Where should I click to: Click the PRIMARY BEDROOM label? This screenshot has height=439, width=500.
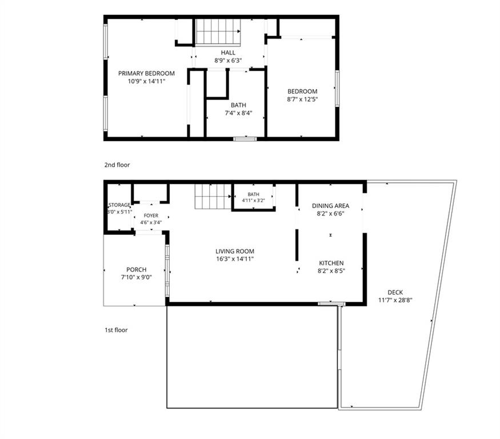146,73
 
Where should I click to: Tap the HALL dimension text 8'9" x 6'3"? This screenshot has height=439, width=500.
228,60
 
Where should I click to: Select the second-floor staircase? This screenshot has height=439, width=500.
218,33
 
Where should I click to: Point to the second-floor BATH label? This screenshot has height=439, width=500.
238,105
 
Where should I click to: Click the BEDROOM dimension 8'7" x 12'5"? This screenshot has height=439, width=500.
302,99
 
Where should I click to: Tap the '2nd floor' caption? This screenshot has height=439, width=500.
117,165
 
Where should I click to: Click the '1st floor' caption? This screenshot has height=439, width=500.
116,330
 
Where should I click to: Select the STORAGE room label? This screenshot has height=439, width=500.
119,205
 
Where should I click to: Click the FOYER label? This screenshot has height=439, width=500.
151,215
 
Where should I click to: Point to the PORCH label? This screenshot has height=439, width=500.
136,270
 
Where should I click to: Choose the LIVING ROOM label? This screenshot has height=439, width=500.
235,252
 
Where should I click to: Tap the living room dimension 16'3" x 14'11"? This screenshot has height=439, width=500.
235,259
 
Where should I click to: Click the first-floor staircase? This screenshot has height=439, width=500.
213,197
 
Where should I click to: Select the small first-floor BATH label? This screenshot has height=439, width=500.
254,194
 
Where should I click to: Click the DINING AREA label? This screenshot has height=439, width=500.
330,206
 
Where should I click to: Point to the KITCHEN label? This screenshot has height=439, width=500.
331,263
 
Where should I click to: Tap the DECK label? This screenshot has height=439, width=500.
395,292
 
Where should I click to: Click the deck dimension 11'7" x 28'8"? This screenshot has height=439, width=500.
395,300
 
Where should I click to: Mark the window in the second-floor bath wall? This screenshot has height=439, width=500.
245,139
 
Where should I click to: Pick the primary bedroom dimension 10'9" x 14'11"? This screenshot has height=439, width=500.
146,81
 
